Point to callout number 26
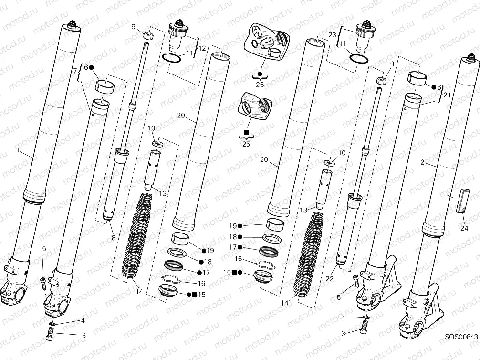(260, 85)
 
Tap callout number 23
(333, 34)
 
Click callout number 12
(202, 48)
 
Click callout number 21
(447, 95)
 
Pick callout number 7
(75, 71)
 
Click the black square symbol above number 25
(246, 131)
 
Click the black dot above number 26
(260, 74)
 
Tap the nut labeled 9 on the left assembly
(148, 35)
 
